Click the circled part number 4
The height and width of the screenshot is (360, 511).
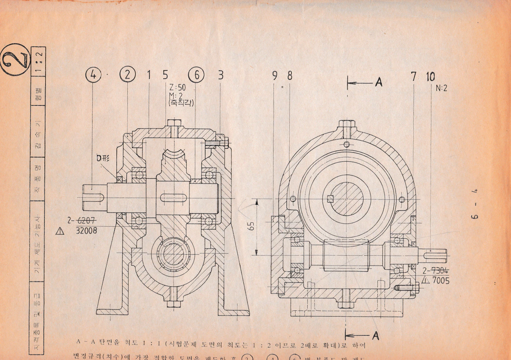coord(93,75)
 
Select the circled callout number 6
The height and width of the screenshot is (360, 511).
coord(196,75)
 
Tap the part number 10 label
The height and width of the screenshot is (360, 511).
coord(430,76)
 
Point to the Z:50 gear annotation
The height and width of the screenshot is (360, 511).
coord(177,87)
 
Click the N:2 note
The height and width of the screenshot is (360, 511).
coord(442,88)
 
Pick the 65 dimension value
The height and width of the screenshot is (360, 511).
coord(251,226)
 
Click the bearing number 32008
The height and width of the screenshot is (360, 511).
coord(87,231)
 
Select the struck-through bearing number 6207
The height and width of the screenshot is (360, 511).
coord(87,221)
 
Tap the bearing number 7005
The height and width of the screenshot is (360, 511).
coord(441,281)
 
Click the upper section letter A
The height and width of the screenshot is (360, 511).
coord(378,82)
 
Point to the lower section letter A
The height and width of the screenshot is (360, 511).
coord(376,335)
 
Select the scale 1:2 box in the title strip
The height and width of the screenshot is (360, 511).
coord(39,61)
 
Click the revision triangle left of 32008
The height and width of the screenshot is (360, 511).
coord(60,231)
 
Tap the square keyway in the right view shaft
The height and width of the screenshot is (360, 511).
coord(330,199)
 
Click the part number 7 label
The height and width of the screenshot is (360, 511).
coord(414,76)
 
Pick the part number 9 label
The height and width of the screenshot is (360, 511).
coord(275,76)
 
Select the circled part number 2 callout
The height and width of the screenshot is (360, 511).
coord(127,75)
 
